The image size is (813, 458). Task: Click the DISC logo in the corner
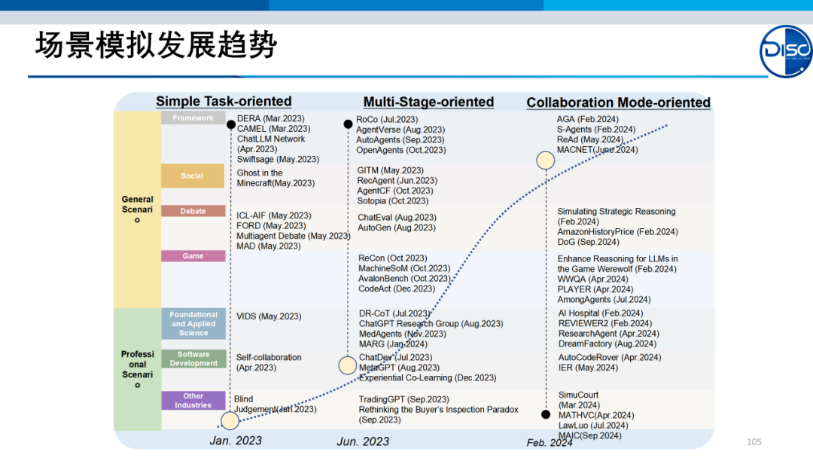pyautogui.click(x=786, y=51)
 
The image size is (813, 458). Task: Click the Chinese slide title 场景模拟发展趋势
pyautogui.click(x=156, y=46)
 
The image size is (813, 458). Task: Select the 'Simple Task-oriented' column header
pyautogui.click(x=224, y=102)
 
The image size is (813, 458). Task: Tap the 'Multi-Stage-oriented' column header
pyautogui.click(x=428, y=102)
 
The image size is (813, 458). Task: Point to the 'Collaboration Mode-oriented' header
pyautogui.click(x=618, y=102)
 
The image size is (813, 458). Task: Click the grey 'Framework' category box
pyautogui.click(x=193, y=118)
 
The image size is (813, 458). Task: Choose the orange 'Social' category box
pyautogui.click(x=193, y=176)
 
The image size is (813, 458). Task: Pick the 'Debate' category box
pyautogui.click(x=193, y=212)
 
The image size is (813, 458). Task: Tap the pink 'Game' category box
pyautogui.click(x=193, y=256)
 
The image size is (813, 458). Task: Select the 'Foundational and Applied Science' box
pyautogui.click(x=193, y=324)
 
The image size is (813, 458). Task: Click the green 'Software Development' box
pyautogui.click(x=193, y=359)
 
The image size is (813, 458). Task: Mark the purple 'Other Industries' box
pyautogui.click(x=193, y=401)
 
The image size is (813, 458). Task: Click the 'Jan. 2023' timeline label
pyautogui.click(x=236, y=441)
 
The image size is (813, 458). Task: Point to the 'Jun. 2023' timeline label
pyautogui.click(x=363, y=441)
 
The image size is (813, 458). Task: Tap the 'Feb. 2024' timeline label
pyautogui.click(x=550, y=442)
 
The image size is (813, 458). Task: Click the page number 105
pyautogui.click(x=754, y=441)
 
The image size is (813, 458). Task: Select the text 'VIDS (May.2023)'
pyautogui.click(x=269, y=317)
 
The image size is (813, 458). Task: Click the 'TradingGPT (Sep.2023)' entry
pyautogui.click(x=403, y=400)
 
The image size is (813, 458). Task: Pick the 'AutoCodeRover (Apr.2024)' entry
pyautogui.click(x=610, y=358)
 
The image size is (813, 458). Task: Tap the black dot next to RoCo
pyautogui.click(x=347, y=124)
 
